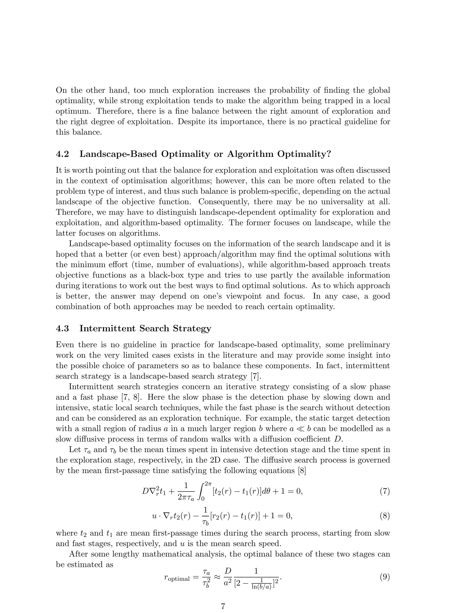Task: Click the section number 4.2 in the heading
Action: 62,154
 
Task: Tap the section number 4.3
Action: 62,328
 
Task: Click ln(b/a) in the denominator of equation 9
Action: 262,587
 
